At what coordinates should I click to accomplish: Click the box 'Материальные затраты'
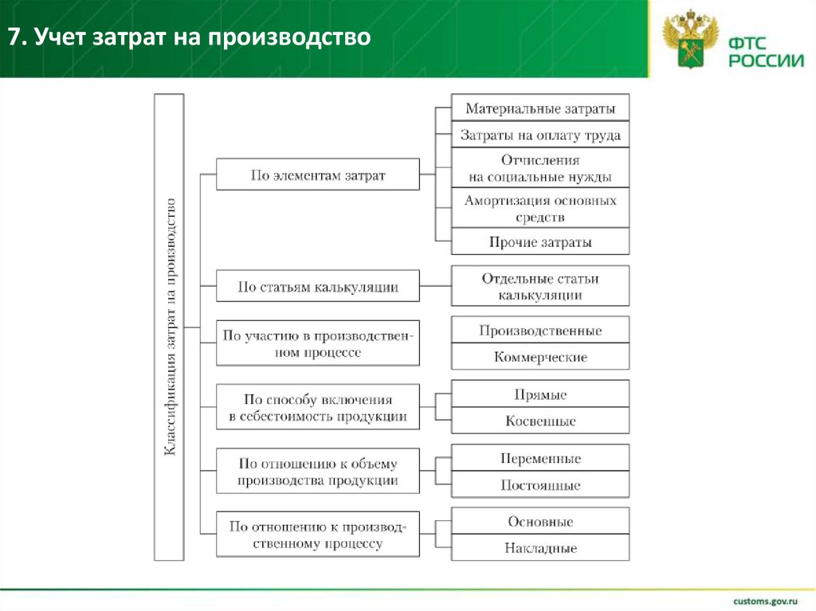click(539, 108)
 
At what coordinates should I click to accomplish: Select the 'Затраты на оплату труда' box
click(539, 135)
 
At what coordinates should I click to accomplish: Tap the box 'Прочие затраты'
click(539, 242)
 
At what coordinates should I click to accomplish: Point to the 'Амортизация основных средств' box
click(539, 209)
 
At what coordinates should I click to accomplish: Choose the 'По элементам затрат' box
click(318, 175)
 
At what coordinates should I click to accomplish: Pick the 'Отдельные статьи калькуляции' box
click(539, 287)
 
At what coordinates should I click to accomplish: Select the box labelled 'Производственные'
click(539, 331)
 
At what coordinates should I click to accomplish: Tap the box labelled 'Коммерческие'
click(539, 357)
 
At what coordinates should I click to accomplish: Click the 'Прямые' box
click(539, 394)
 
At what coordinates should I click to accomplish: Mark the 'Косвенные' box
click(539, 421)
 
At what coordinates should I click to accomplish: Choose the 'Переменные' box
click(539, 459)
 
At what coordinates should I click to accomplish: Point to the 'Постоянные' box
click(539, 485)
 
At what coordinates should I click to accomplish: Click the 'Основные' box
click(539, 522)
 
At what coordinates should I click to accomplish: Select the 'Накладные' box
click(539, 548)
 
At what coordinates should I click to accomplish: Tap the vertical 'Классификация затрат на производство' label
click(170, 327)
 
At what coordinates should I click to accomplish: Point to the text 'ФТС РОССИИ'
click(761, 49)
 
